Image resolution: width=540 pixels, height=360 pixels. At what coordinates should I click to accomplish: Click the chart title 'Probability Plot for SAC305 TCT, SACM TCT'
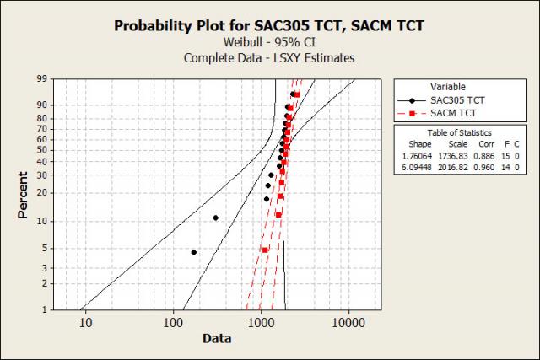pos(269,26)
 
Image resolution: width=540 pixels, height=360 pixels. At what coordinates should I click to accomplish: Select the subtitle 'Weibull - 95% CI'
pos(269,42)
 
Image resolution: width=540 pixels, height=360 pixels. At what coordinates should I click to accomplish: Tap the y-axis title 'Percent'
pos(23,195)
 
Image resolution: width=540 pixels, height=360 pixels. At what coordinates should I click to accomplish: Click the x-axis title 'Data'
pos(217,338)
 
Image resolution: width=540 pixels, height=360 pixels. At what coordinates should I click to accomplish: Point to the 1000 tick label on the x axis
pos(261,323)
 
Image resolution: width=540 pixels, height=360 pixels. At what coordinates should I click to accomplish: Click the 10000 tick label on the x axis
pos(348,323)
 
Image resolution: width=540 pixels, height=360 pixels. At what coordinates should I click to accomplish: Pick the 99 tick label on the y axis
pos(42,78)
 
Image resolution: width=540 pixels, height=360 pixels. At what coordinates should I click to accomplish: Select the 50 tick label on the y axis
pos(42,150)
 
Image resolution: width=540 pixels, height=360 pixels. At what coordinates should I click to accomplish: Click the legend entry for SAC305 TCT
pos(441,100)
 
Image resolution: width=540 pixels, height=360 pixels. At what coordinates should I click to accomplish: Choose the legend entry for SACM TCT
pos(437,113)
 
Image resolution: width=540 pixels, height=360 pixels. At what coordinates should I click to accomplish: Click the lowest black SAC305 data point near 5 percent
pos(193,252)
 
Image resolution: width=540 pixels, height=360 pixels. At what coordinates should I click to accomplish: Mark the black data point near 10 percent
pos(216,218)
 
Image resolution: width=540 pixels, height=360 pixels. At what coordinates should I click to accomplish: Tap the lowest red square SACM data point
pos(265,250)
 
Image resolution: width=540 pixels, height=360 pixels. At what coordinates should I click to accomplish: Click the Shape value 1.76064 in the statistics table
pos(417,156)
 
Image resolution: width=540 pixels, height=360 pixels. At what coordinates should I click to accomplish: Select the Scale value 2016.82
pos(453,168)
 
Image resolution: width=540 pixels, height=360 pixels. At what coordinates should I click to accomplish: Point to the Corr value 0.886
pos(484,156)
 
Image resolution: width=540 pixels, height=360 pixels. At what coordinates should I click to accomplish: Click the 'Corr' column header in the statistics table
pos(486,144)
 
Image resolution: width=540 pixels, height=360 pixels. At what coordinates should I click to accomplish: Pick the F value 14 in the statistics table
pos(505,168)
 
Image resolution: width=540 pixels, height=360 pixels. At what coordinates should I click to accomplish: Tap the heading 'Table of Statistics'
pos(459,133)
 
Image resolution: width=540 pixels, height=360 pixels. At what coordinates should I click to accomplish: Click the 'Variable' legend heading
pos(448,87)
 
